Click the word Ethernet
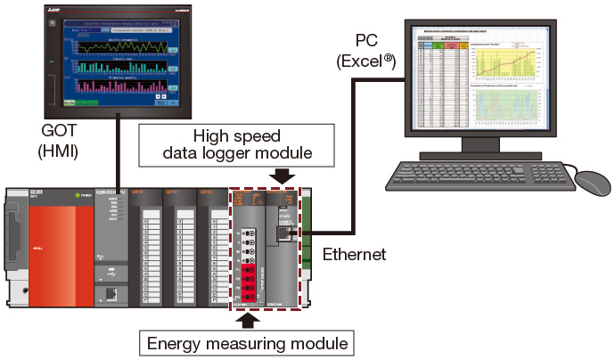tap(355, 254)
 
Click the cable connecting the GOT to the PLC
tap(120, 151)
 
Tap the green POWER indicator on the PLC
tap(79, 195)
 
